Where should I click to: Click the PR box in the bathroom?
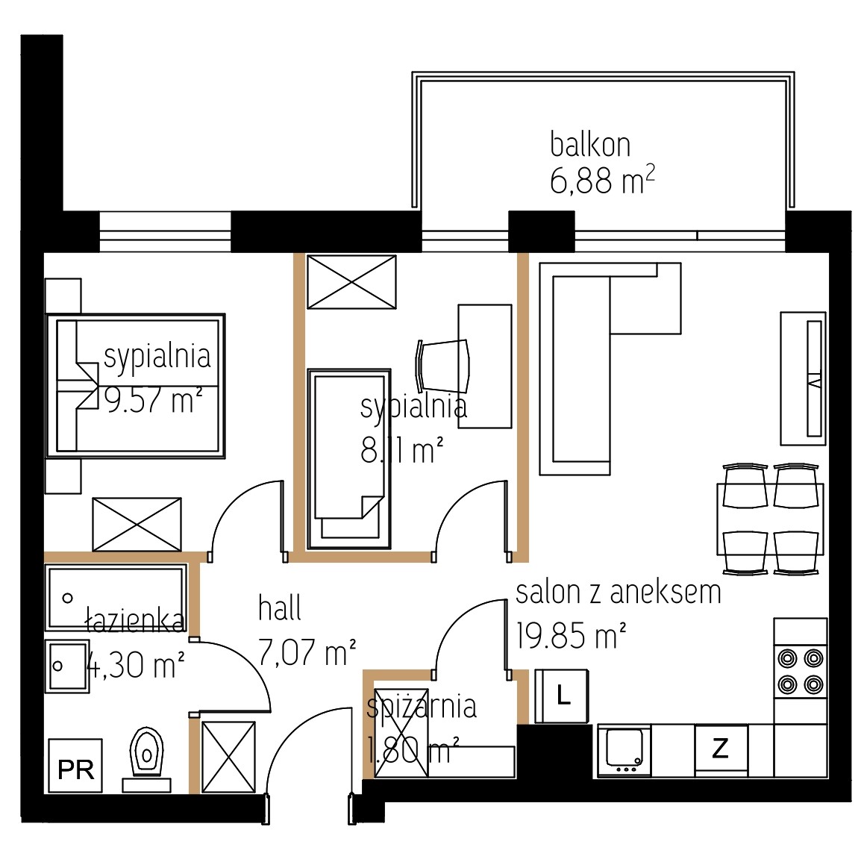tap(75, 765)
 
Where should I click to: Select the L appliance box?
tap(562, 696)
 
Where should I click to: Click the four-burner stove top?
tap(801, 672)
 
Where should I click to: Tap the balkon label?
tap(590, 145)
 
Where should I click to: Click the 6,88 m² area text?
tap(602, 181)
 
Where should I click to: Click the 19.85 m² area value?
tap(572, 635)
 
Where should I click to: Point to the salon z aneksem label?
tap(619, 593)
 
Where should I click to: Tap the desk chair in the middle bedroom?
tap(443, 363)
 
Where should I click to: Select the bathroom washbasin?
tap(67, 666)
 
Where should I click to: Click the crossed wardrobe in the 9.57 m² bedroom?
tap(137, 524)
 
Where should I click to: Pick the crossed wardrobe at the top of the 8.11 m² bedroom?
tap(351, 282)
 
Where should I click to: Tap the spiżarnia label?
tap(422, 706)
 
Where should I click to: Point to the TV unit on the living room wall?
tap(803, 378)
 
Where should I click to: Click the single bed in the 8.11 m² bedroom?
tap(349, 460)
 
